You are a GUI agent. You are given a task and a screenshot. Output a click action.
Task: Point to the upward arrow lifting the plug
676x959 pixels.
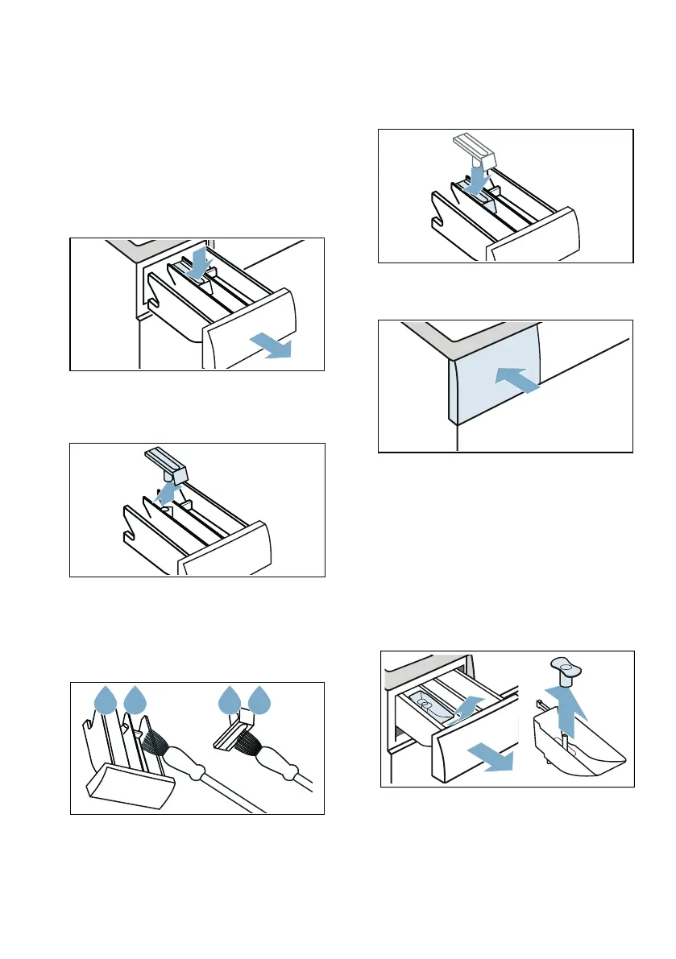click(x=570, y=701)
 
